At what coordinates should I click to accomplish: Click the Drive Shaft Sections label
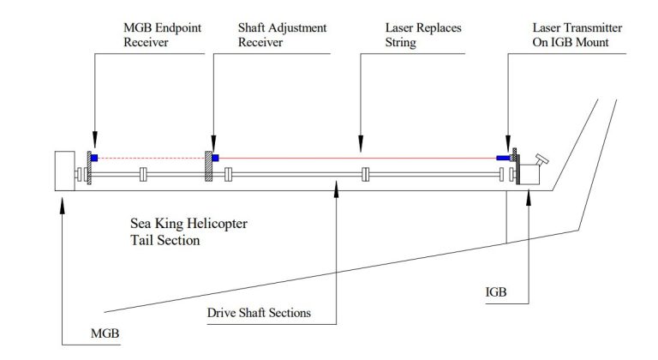pos(259,313)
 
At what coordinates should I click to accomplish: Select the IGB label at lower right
pos(494,292)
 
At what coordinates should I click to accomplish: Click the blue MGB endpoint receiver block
pos(94,158)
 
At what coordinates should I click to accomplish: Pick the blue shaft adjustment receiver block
pos(215,158)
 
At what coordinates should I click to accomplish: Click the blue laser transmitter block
pos(504,158)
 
